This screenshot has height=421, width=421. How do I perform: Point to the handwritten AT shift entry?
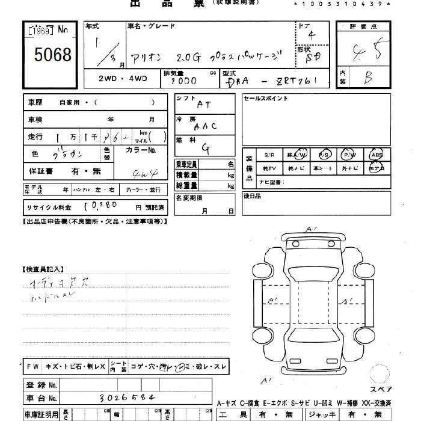tap(204, 104)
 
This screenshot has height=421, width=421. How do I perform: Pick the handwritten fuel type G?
tap(205, 147)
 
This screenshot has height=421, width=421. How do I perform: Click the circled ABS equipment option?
tap(377, 154)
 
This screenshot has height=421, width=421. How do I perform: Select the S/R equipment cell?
tap(269, 154)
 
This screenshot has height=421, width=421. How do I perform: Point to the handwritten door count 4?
tap(310, 35)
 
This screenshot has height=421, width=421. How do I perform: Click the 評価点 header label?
tap(364, 26)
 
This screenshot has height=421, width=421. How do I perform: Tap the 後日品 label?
tap(253, 195)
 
